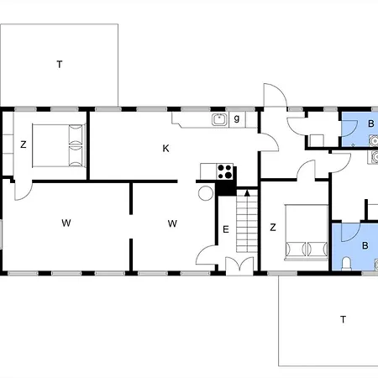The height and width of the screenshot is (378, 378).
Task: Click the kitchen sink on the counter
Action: click(x=219, y=119)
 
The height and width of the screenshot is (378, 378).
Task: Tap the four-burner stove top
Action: click(x=225, y=171)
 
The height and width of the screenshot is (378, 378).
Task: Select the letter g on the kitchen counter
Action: click(x=237, y=118)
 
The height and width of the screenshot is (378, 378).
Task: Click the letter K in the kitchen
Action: click(x=165, y=148)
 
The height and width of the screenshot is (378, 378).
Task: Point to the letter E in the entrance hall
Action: click(x=226, y=229)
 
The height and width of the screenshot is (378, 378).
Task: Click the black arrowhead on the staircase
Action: click(x=247, y=193)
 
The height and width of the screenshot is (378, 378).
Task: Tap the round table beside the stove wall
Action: click(x=206, y=193)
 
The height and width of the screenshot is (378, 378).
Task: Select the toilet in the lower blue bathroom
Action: click(x=347, y=264)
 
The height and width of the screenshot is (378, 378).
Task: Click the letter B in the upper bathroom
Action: click(x=371, y=123)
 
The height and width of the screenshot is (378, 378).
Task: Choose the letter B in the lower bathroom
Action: click(x=365, y=245)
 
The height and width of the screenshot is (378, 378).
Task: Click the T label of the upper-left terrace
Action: click(x=60, y=65)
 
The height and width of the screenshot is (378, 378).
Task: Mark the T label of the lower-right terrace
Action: click(x=343, y=319)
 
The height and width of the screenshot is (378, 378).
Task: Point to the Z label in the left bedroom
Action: click(x=24, y=144)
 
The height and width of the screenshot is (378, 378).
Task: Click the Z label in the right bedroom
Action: click(x=273, y=227)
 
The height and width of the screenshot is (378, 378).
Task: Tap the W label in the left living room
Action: click(x=66, y=223)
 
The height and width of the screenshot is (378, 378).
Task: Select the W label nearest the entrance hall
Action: click(x=172, y=223)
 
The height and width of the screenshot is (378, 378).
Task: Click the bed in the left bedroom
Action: click(x=59, y=145)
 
